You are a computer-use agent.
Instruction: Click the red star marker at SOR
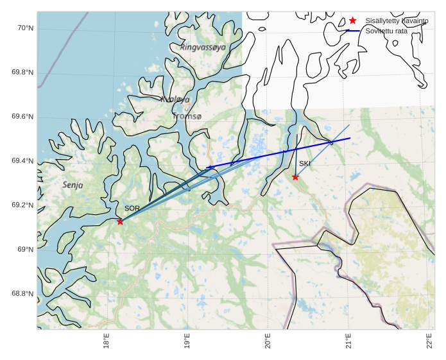(x=120, y=221)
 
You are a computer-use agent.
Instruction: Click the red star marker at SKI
(x=295, y=177)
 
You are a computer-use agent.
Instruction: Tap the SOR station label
(x=132, y=209)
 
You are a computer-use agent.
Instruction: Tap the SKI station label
(x=305, y=164)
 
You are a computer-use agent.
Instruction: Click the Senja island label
(x=73, y=185)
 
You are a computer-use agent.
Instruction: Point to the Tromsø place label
(x=187, y=116)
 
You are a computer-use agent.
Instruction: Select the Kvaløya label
(x=175, y=99)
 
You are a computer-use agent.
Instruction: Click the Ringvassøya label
(x=203, y=47)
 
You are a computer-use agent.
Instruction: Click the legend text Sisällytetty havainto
(x=397, y=21)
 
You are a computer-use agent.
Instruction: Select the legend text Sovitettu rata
(x=386, y=31)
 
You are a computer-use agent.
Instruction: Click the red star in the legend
(x=352, y=21)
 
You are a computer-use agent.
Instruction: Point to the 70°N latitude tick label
(x=24, y=28)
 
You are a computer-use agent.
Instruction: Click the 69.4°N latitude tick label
(x=22, y=161)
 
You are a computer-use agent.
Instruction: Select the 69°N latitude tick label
(x=24, y=250)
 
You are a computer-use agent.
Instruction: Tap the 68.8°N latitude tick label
(x=22, y=294)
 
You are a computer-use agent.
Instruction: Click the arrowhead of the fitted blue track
(x=208, y=167)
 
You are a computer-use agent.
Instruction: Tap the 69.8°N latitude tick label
(x=22, y=73)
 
